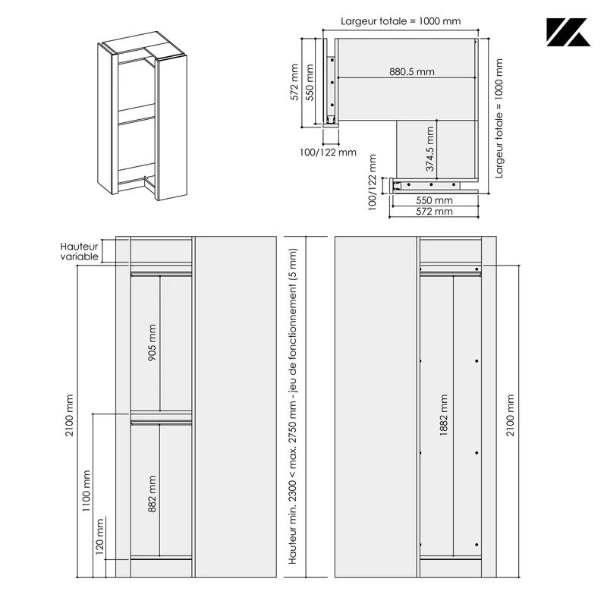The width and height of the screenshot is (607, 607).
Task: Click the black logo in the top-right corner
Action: coord(568,32)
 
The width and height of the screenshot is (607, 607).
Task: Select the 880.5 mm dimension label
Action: coord(411,71)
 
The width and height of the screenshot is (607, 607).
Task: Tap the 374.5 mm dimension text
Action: coord(429,149)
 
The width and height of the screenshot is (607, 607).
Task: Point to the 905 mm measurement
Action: coord(153,343)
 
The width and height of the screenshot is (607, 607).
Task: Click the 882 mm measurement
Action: coord(153,494)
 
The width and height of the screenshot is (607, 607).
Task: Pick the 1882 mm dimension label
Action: coord(444,415)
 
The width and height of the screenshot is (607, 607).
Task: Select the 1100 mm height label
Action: coord(86,491)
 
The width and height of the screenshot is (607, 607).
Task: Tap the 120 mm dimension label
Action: coord(99,536)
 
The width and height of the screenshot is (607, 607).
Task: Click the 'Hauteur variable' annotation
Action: coord(79,252)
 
